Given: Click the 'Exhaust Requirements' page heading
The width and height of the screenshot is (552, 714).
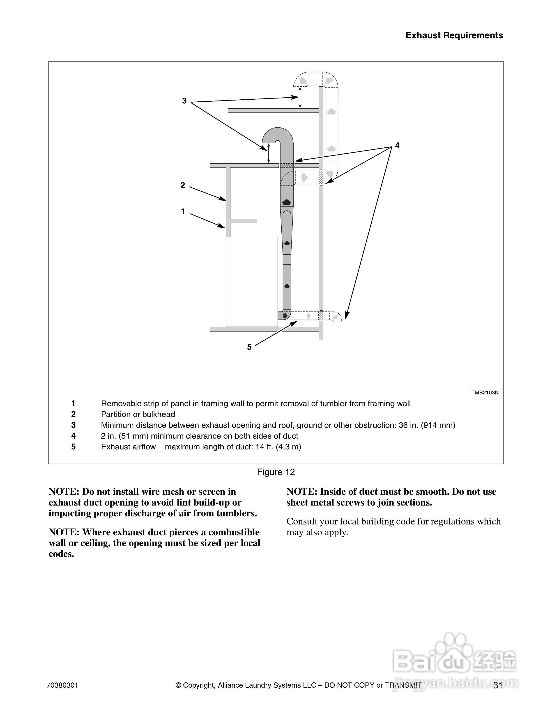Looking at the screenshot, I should click(454, 35).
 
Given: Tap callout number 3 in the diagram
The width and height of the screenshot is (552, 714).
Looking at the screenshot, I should click(184, 101).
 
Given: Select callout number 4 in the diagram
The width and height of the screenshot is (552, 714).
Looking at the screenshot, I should click(397, 145).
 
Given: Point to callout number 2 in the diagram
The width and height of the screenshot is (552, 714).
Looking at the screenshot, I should click(183, 185).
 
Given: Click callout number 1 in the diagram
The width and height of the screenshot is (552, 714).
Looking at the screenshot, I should click(183, 212).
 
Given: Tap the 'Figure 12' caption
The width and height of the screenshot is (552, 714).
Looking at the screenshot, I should click(276, 472).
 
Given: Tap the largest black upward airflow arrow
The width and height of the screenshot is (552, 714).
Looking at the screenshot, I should click(286, 202).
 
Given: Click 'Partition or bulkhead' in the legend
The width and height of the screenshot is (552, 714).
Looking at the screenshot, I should click(138, 414).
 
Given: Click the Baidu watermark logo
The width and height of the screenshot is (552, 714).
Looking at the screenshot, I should click(455, 662).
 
